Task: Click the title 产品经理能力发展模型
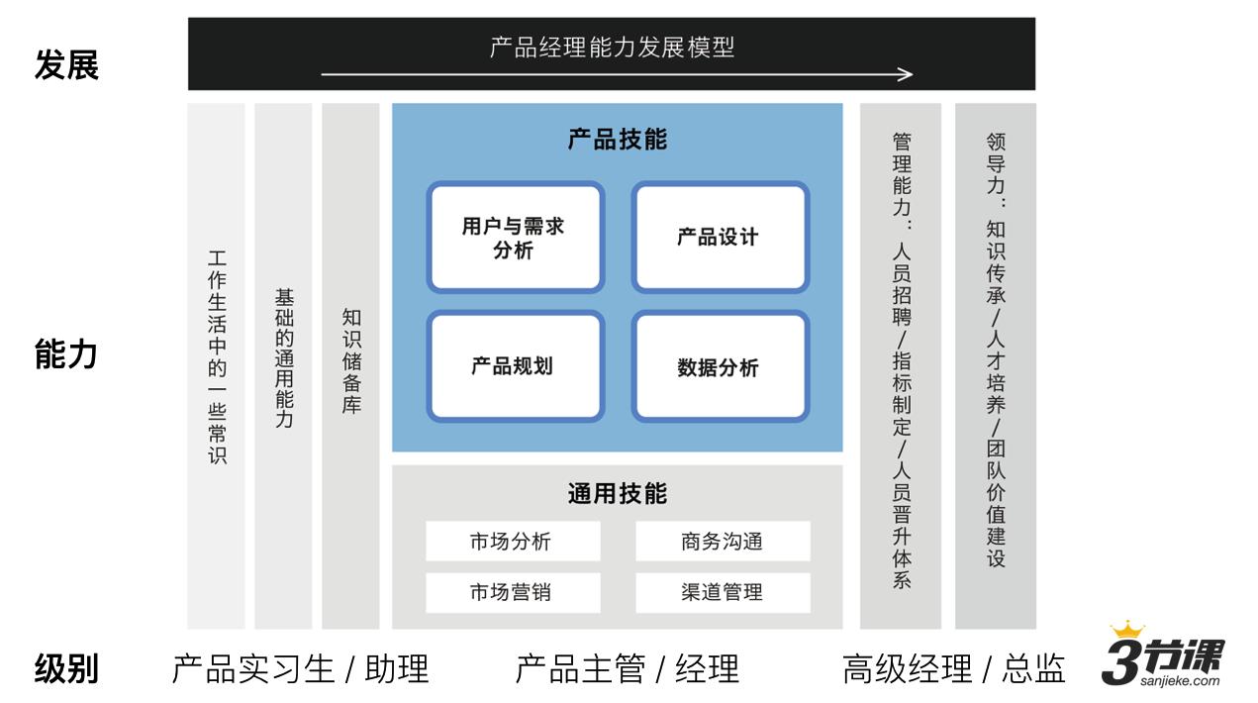coord(612,47)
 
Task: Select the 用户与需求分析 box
coord(515,238)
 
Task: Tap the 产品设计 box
coord(720,238)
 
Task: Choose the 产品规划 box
coord(515,366)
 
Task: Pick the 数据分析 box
coord(720,367)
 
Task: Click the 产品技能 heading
coord(617,140)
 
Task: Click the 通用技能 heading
coord(617,493)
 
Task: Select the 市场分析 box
coord(513,542)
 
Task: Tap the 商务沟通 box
coord(722,542)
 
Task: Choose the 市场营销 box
coord(513,592)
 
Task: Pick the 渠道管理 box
coord(722,592)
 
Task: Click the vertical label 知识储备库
coord(351,361)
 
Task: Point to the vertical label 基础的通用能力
coord(284,358)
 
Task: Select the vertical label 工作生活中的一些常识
coord(217,357)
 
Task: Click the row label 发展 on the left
coord(66,66)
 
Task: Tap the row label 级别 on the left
coord(66,668)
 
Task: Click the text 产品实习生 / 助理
coord(300,669)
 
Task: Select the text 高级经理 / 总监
coord(953,669)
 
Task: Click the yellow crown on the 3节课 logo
coord(1126,630)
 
